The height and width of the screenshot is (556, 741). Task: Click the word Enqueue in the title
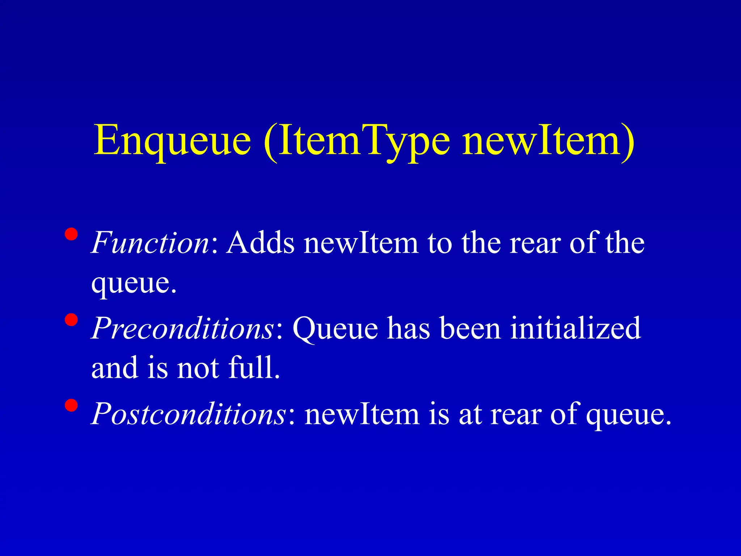(172, 140)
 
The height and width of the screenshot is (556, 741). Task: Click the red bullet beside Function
(71, 234)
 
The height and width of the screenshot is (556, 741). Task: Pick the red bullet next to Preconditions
(71, 320)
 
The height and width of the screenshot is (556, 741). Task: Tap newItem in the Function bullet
(361, 243)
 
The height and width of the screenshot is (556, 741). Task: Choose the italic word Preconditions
(183, 328)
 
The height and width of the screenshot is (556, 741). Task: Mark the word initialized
(575, 328)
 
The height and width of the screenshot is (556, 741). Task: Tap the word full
(253, 368)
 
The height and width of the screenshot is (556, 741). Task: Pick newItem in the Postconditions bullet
(362, 413)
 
